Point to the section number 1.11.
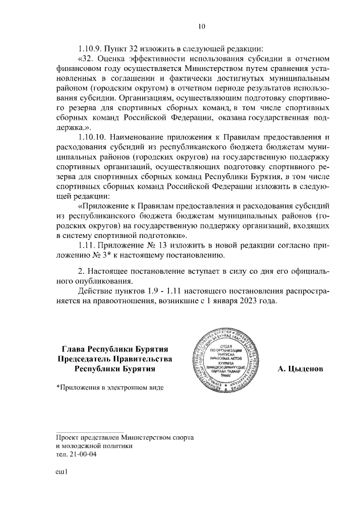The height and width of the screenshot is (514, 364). point(86,245)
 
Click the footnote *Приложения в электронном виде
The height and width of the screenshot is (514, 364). point(110,387)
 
